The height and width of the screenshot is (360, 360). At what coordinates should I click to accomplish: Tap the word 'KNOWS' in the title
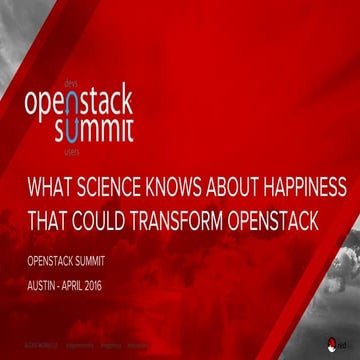coord(189,188)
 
